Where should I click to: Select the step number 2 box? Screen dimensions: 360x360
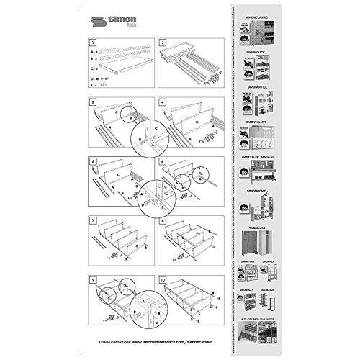pyautogui.click(x=163, y=43)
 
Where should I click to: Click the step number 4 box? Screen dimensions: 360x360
pyautogui.click(x=163, y=103)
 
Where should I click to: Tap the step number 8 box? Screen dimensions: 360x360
pyautogui.click(x=163, y=220)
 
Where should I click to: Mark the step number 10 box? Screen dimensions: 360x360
pyautogui.click(x=163, y=279)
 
